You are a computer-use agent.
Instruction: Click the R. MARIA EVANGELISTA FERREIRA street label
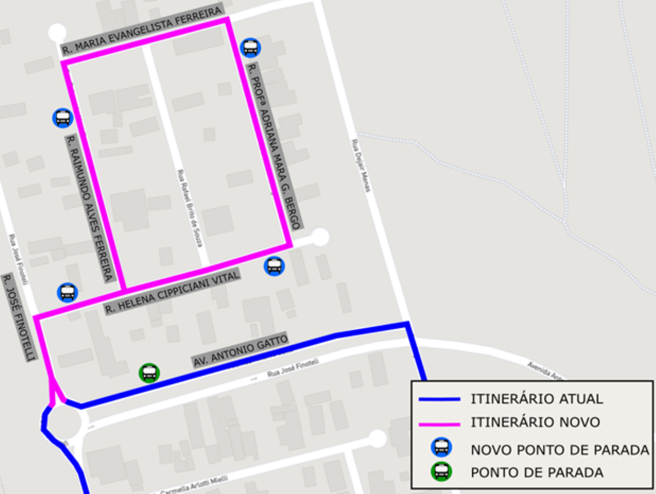click(142, 30)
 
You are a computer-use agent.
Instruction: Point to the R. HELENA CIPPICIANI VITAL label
click(173, 293)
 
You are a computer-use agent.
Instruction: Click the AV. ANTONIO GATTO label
click(240, 350)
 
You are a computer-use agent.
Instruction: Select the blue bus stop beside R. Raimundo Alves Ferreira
click(63, 118)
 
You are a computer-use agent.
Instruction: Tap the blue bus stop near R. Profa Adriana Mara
click(250, 48)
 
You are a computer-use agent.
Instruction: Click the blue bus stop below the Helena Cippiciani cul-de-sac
click(274, 266)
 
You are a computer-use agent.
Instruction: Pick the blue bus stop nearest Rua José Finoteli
click(67, 293)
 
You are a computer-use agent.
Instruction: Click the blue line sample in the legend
click(440, 399)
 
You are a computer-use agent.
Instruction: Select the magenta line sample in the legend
click(440, 423)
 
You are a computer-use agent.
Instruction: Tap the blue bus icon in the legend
click(441, 447)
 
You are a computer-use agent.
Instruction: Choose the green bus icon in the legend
click(441, 471)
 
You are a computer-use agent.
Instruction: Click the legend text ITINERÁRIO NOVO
click(535, 422)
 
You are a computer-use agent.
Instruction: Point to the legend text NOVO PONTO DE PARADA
click(559, 450)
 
